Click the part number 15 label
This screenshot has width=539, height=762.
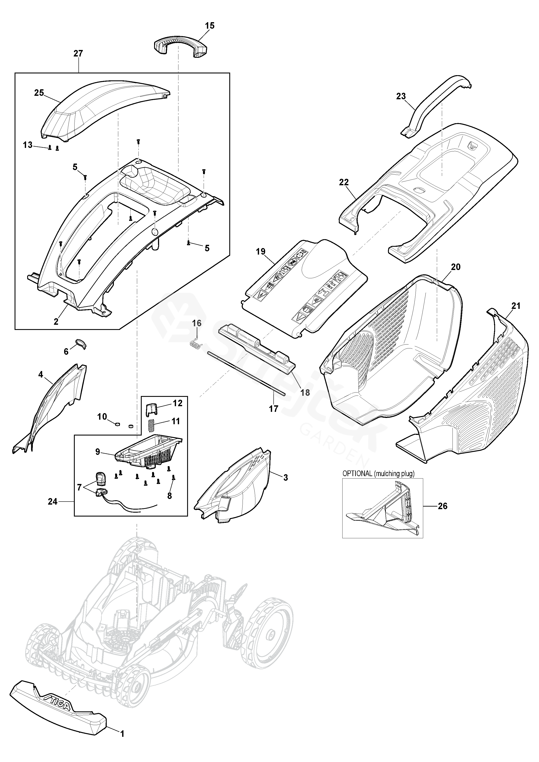tap(210, 26)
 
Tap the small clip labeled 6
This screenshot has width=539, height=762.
tap(81, 344)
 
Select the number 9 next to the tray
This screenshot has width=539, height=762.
tap(98, 452)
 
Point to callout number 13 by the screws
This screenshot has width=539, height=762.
tap(28, 145)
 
